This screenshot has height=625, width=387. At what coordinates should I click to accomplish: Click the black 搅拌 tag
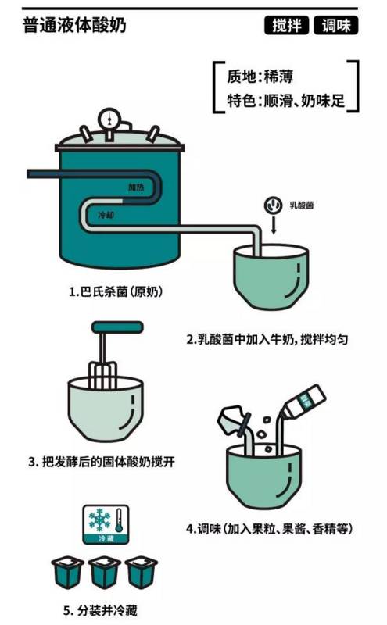coord(286,26)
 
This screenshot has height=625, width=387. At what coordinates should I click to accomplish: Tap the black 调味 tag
coord(335,26)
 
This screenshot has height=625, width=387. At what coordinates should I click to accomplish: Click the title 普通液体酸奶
coord(74,25)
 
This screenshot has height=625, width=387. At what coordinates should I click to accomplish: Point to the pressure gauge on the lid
coord(108,118)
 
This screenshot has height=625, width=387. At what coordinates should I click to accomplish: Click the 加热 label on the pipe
coord(137,187)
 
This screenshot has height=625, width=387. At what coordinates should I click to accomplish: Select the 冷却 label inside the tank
coord(106,215)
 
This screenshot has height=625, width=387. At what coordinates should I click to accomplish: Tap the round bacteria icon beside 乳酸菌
coord(274,205)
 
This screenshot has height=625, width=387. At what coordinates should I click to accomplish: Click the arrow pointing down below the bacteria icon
coord(274,226)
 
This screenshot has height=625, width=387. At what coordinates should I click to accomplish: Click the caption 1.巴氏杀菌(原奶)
coord(116,291)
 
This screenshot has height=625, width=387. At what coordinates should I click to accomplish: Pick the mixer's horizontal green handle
coord(117,327)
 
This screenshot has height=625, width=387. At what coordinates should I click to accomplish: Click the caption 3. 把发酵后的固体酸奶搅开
coord(102,462)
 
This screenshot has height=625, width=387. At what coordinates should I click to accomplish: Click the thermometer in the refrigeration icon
coord(119,520)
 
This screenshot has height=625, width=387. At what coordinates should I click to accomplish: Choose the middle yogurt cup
coord(105,573)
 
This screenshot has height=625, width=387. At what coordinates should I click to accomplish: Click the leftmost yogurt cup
coord(67,573)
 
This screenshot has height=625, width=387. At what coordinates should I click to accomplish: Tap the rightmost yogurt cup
coord(142,573)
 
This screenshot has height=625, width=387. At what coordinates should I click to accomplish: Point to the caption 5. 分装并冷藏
coord(100,610)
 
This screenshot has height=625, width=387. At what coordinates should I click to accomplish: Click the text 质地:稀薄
coord(260,77)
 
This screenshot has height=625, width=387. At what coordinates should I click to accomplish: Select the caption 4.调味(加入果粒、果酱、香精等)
coord(270,529)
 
